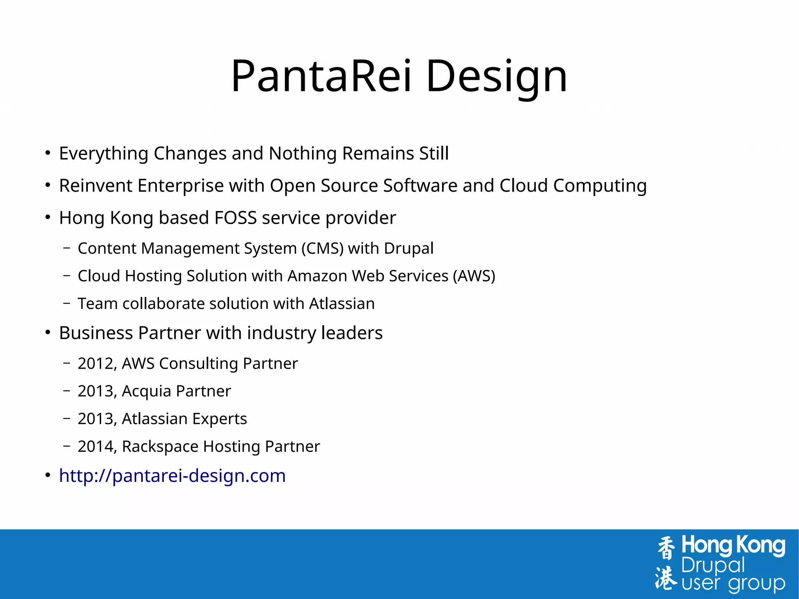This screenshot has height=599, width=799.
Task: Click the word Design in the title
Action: pyautogui.click(x=496, y=76)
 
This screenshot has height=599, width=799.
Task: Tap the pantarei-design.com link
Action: pyautogui.click(x=172, y=476)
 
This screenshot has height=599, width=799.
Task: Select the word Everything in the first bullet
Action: pyautogui.click(x=103, y=153)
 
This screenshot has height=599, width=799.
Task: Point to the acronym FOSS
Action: pyautogui.click(x=235, y=218)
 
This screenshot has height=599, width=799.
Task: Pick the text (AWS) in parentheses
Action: pyautogui.click(x=474, y=276)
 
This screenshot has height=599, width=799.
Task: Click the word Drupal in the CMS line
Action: pyautogui.click(x=408, y=249)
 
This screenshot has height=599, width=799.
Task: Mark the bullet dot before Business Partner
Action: pyautogui.click(x=48, y=333)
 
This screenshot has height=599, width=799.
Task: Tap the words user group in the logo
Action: pyautogui.click(x=733, y=584)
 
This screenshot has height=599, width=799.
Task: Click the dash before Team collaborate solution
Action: pyautogui.click(x=67, y=303)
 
